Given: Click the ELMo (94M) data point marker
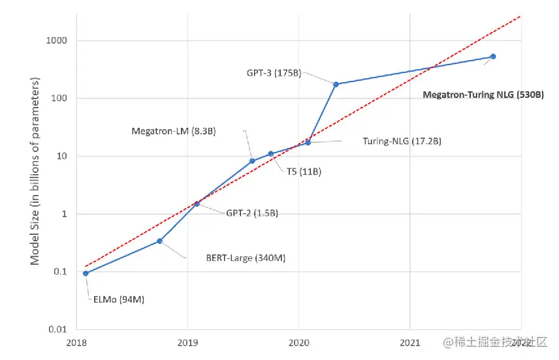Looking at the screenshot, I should (86, 273).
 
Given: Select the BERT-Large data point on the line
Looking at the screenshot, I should (160, 241).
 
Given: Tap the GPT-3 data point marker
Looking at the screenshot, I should (336, 84).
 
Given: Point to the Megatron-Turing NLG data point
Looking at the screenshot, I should (493, 57).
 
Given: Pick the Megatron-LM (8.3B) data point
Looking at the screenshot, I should (252, 161).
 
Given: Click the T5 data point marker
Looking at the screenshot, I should (270, 154).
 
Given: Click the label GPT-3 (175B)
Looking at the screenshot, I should (274, 73).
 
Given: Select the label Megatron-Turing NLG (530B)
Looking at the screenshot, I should (483, 95).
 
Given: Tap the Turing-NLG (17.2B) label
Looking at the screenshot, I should (400, 141).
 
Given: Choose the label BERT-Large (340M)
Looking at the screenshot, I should (236, 258).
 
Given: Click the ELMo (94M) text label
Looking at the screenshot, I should (116, 300).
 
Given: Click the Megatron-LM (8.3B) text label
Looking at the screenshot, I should (174, 131).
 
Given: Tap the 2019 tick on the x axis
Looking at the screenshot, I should (187, 342).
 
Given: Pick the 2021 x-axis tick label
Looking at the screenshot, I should (409, 342).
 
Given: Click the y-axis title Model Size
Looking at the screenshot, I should (35, 172).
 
